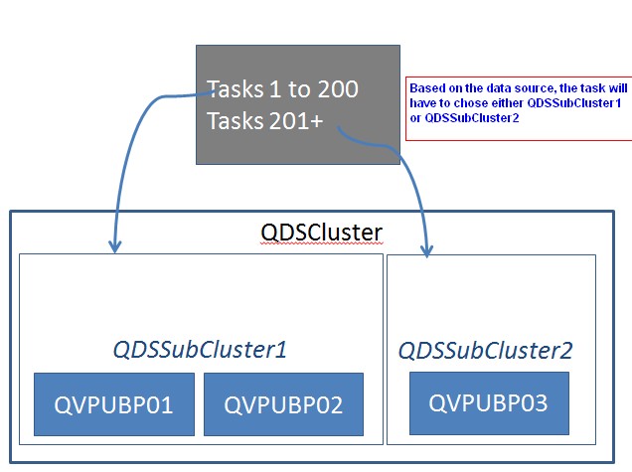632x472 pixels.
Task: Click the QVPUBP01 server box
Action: tap(114, 404)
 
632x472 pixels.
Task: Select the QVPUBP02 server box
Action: tap(284, 404)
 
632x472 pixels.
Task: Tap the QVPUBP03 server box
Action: tap(489, 403)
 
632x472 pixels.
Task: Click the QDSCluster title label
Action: tap(321, 233)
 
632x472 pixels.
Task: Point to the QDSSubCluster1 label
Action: tap(200, 350)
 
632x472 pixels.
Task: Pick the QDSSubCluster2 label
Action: tap(485, 350)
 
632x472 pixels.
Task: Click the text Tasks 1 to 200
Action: tap(282, 89)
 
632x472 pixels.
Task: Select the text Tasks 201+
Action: tap(264, 120)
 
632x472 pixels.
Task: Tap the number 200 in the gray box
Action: tap(338, 89)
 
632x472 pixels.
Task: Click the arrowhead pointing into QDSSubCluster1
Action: tap(115, 245)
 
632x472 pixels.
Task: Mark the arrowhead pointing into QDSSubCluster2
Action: tap(427, 250)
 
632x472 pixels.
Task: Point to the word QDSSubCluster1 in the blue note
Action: tap(574, 103)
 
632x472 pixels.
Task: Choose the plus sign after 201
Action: tap(316, 121)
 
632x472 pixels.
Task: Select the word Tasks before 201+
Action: tap(236, 120)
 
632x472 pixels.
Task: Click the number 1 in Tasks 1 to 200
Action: tap(275, 89)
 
